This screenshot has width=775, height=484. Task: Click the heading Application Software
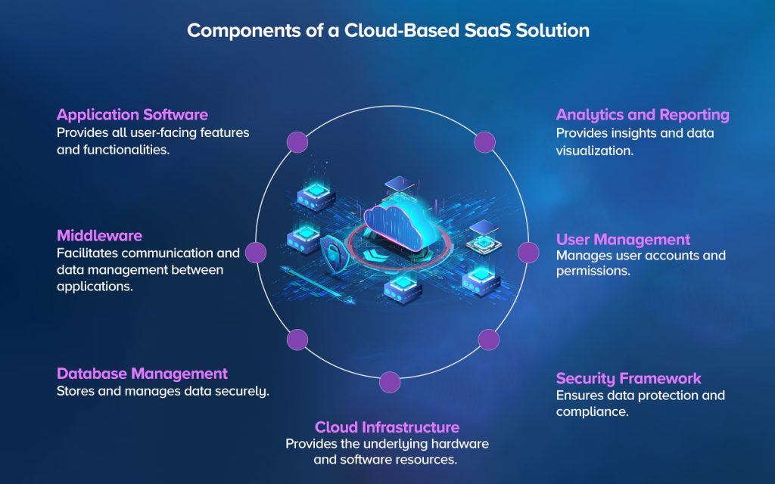(x=132, y=115)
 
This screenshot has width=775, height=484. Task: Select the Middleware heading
(x=99, y=235)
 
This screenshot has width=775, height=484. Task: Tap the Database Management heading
(x=142, y=374)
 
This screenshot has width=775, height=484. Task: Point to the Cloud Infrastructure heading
(x=387, y=427)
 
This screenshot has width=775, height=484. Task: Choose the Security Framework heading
(x=628, y=378)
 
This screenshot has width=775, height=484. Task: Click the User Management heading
(x=623, y=240)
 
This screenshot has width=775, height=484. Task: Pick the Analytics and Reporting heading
(x=642, y=115)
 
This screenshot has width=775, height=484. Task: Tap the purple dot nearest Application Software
(x=297, y=141)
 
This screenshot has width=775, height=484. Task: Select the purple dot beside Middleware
(x=256, y=253)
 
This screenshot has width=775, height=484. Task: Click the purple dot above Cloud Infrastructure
(x=389, y=382)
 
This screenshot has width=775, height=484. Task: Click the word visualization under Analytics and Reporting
(x=593, y=150)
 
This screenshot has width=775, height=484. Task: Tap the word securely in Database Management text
(x=243, y=391)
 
